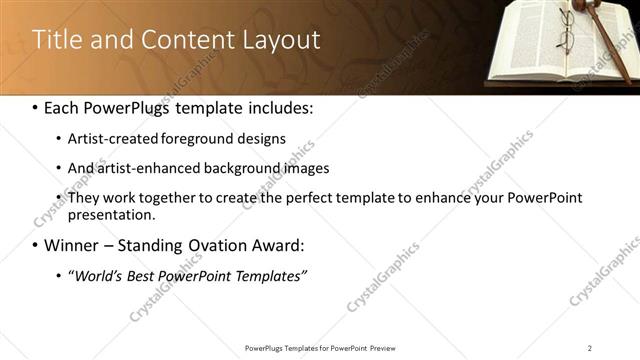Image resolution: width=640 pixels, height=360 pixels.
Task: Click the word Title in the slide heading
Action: click(x=56, y=40)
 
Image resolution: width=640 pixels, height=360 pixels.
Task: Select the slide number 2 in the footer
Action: click(x=590, y=347)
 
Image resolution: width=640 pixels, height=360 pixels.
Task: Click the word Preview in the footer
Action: click(x=389, y=347)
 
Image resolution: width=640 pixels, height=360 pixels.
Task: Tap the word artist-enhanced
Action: click(x=146, y=168)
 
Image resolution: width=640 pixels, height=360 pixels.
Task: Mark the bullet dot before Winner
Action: click(x=36, y=246)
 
